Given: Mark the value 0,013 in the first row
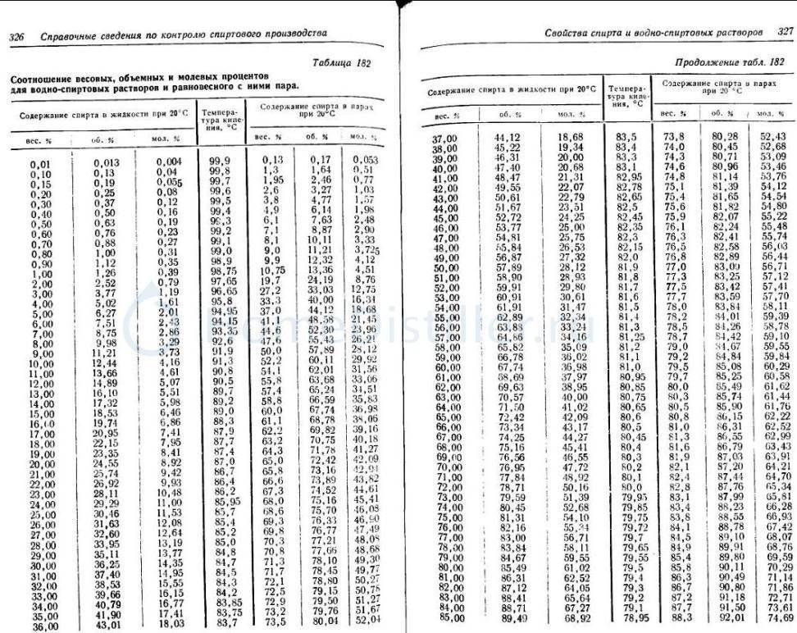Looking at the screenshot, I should pos(107,162).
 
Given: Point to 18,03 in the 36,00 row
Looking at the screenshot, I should pos(169,624).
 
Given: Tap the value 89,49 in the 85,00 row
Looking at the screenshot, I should pos(512,617).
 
